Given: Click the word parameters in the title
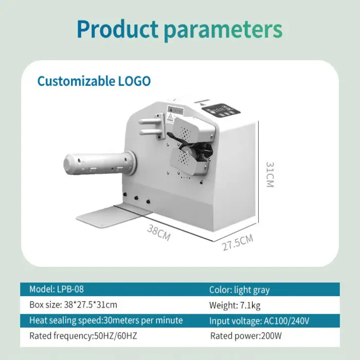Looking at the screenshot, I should click(x=223, y=30).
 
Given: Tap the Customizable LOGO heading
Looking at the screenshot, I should click(x=94, y=81).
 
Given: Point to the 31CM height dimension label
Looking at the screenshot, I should click(x=269, y=174).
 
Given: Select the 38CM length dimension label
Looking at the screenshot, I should click(x=158, y=233).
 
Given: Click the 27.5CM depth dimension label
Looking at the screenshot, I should click(x=238, y=242).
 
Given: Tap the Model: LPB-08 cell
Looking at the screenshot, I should click(x=57, y=290).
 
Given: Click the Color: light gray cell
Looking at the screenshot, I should click(x=240, y=290).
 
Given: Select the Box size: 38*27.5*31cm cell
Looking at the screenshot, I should click(x=73, y=305).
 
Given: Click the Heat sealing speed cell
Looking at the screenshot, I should click(x=106, y=320).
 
